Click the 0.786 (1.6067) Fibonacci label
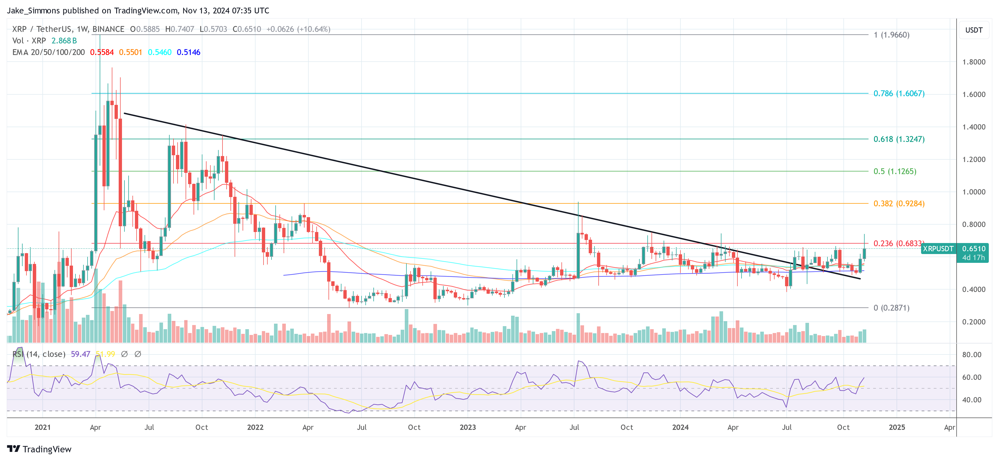click(898, 94)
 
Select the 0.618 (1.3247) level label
click(898, 139)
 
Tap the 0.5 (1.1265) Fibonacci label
click(894, 171)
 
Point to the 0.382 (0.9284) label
click(898, 204)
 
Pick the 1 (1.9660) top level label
click(891, 35)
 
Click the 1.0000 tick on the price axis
click(973, 192)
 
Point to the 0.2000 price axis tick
click(973, 322)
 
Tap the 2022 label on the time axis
click(255, 427)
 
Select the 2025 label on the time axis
click(897, 427)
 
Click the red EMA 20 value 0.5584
click(102, 52)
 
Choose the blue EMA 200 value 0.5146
click(188, 52)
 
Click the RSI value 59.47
click(80, 354)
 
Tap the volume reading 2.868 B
click(64, 41)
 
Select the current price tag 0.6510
click(973, 249)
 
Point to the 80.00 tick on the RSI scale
click(971, 355)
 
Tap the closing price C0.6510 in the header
click(247, 29)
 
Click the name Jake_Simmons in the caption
click(33, 10)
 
